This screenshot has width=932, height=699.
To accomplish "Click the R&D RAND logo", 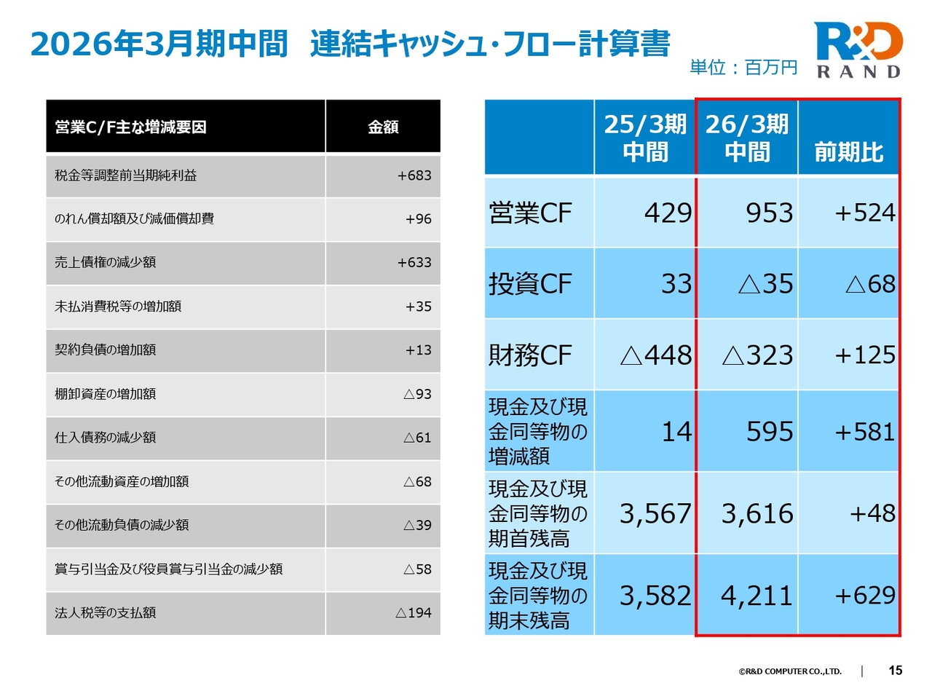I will (x=858, y=50).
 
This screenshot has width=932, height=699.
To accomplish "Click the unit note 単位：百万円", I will (x=743, y=68).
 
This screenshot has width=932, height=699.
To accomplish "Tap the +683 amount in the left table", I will (x=414, y=175).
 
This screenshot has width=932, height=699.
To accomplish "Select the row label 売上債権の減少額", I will (x=106, y=262).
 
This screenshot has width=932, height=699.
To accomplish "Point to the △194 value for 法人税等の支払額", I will (x=414, y=613).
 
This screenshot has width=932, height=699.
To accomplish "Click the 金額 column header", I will (x=383, y=127).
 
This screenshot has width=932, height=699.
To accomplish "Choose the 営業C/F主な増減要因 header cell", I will (x=131, y=127).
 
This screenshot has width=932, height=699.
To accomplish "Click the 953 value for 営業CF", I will (x=769, y=213).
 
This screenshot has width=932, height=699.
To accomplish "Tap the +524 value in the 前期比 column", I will (x=865, y=213).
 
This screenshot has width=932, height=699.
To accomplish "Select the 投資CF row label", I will (x=530, y=284).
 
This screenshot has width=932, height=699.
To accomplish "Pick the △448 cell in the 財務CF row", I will (x=655, y=355).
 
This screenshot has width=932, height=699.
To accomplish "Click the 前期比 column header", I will (x=849, y=152).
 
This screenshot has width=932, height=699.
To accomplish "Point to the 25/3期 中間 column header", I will (x=645, y=138).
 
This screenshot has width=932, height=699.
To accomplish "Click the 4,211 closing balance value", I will (x=757, y=596).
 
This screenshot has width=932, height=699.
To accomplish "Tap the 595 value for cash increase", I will (x=770, y=432).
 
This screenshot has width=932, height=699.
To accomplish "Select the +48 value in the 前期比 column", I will (x=872, y=513).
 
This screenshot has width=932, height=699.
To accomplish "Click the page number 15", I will (x=896, y=671).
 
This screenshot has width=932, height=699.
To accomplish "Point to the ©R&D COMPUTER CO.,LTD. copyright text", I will (x=790, y=671).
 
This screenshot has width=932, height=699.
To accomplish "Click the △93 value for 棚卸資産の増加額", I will (x=417, y=394).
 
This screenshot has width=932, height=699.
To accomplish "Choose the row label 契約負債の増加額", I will (x=106, y=349).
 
